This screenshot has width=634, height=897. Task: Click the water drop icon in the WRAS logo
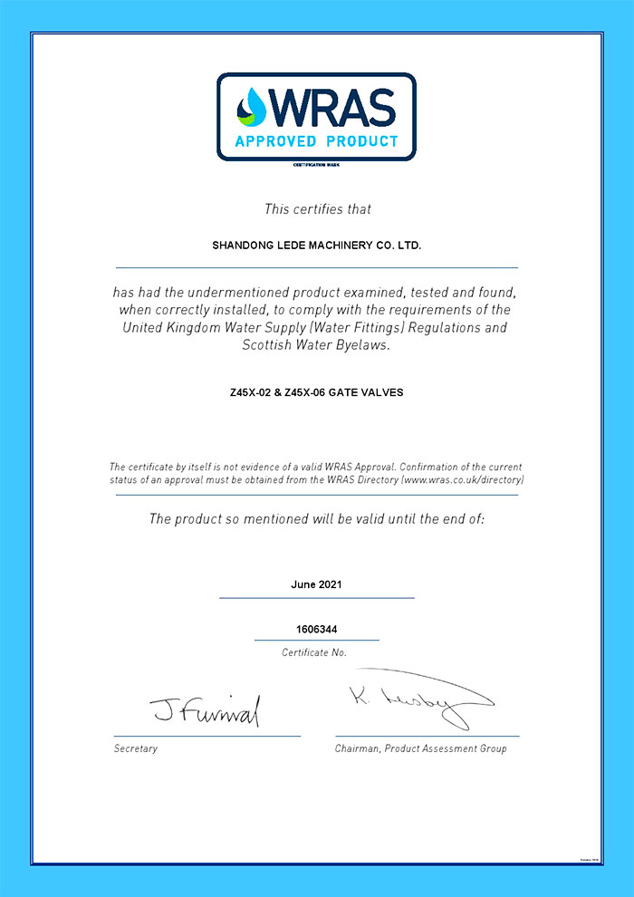click(x=252, y=107)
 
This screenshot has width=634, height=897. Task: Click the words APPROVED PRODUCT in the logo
click(x=316, y=141)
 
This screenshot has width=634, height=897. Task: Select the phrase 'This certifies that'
click(x=317, y=209)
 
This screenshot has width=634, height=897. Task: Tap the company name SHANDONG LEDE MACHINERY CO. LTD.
click(x=317, y=245)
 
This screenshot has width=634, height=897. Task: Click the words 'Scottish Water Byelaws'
click(x=317, y=344)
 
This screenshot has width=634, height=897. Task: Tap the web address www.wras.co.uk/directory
click(x=462, y=478)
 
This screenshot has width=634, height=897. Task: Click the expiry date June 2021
click(x=316, y=584)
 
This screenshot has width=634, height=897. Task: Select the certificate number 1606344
click(x=316, y=628)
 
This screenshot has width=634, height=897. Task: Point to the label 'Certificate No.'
click(x=314, y=652)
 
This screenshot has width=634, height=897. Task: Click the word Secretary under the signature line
click(x=136, y=748)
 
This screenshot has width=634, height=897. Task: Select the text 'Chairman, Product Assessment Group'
click(x=420, y=748)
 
